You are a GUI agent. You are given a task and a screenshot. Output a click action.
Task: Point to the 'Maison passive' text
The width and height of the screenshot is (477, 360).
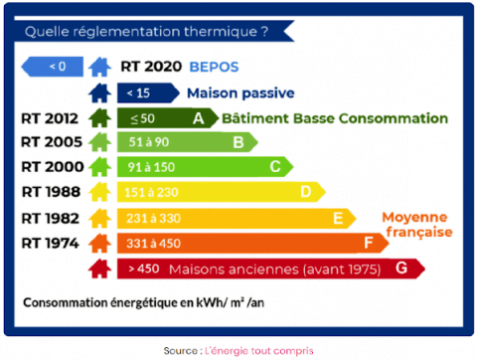point(241,93)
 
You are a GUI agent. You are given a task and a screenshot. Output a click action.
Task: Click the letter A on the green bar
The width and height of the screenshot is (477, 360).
point(200,118)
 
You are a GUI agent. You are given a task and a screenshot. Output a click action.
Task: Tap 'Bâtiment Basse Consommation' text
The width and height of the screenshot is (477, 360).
point(335,118)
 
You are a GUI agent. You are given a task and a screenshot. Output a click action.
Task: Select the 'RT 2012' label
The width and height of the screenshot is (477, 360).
point(50,118)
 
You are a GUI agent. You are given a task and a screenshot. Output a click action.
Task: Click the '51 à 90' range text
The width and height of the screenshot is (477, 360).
point(142,142)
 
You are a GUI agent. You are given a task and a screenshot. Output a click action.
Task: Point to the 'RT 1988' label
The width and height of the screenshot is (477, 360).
point(50,191)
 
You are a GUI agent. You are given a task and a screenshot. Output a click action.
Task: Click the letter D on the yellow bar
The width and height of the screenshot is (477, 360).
point(306,191)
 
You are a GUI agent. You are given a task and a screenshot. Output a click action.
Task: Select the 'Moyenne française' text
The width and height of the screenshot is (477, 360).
point(416,224)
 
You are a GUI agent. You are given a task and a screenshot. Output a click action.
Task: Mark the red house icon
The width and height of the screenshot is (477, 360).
point(98,268)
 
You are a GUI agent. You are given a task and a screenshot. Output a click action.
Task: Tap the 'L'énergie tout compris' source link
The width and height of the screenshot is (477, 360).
point(264,350)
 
